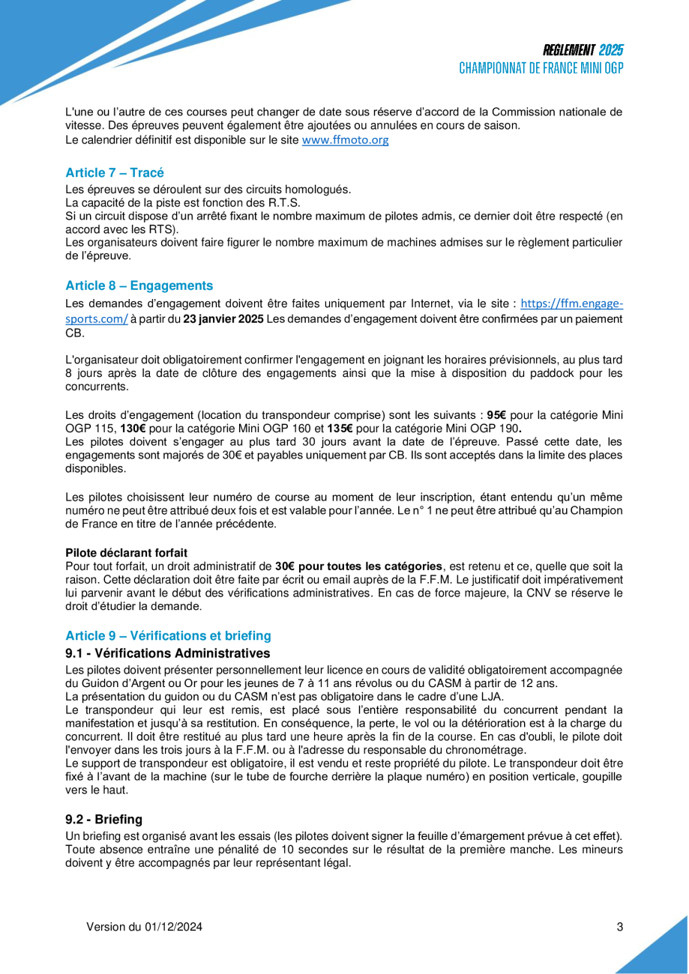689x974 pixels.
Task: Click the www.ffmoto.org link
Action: [x=345, y=140]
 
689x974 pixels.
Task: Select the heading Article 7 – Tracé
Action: [x=115, y=173]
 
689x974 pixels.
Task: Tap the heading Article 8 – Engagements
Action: [x=139, y=285]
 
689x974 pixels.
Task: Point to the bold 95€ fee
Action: [x=497, y=415]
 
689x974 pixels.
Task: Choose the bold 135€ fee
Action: [x=340, y=429]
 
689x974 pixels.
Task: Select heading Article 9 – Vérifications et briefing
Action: [x=168, y=635]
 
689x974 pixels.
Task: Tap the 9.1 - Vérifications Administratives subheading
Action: [x=168, y=653]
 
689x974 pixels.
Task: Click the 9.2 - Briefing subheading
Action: [x=103, y=820]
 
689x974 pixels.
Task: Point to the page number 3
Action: [x=620, y=927]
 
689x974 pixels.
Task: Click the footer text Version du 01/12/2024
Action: [x=144, y=927]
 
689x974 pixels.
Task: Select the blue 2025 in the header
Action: [x=611, y=51]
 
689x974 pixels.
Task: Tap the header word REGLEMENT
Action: [x=570, y=51]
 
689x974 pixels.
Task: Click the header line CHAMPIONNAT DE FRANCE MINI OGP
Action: [x=541, y=68]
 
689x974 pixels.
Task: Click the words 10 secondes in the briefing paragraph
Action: [x=338, y=850]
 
